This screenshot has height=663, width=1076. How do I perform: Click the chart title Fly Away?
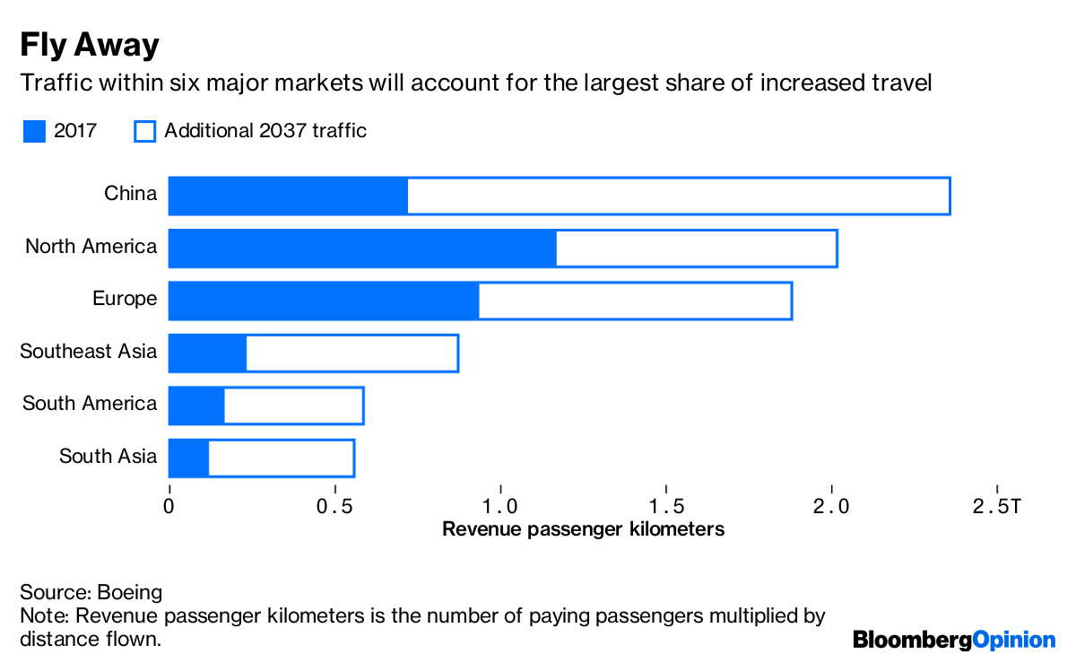(x=90, y=44)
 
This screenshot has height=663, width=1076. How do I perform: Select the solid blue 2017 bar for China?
(x=288, y=196)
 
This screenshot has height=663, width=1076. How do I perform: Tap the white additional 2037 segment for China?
(x=679, y=196)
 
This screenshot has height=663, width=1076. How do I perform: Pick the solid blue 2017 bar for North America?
(x=362, y=249)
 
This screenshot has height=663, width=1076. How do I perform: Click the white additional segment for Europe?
(x=635, y=301)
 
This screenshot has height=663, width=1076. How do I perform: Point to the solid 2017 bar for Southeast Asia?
(x=207, y=353)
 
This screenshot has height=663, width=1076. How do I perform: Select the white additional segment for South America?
(x=293, y=406)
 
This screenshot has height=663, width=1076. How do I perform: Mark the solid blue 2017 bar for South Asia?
(x=188, y=458)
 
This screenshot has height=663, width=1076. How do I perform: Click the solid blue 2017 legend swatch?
(x=34, y=131)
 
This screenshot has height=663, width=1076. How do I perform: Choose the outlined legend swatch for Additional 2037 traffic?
(x=144, y=131)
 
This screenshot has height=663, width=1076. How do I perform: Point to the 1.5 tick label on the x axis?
(x=666, y=507)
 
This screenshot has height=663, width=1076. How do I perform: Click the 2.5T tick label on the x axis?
(x=996, y=507)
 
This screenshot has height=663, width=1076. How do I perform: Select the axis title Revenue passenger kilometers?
(x=583, y=529)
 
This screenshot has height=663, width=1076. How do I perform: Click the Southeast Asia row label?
(x=89, y=352)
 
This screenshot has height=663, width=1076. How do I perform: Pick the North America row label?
(x=91, y=247)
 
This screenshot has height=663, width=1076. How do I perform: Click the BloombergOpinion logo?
(x=954, y=640)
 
